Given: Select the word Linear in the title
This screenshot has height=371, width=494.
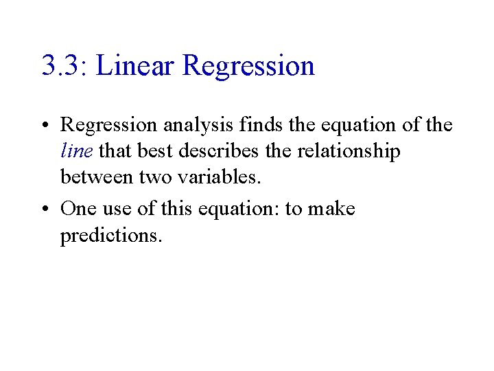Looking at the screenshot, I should [137, 66].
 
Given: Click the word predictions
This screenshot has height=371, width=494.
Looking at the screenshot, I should [111, 236].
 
